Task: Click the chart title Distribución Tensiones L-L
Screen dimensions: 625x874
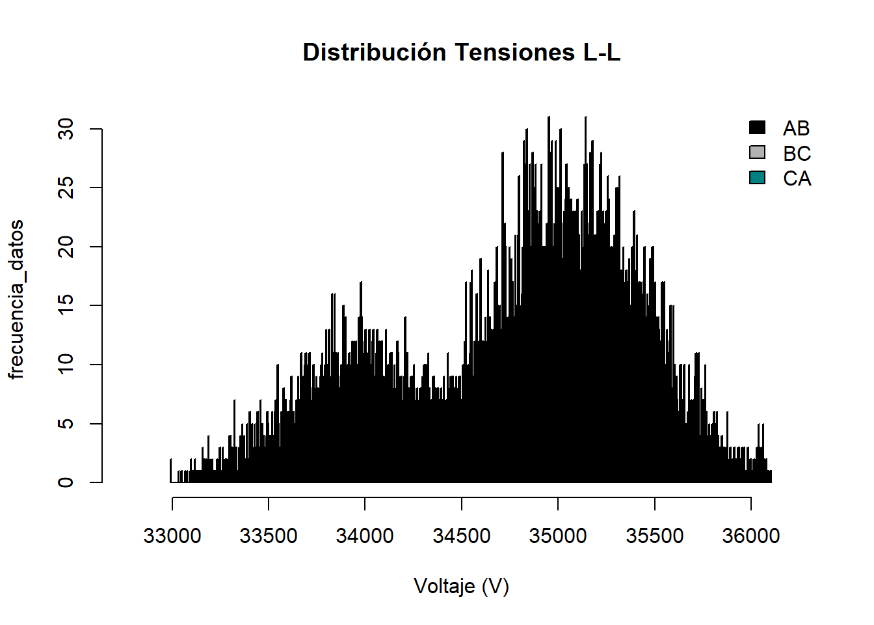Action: coord(462,52)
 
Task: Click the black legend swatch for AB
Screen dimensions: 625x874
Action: coord(757,128)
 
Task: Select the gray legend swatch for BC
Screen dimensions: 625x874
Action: coord(757,152)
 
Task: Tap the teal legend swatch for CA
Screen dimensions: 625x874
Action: coord(757,178)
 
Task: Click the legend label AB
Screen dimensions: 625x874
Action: coord(797,128)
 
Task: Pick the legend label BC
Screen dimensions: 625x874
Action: coord(797,154)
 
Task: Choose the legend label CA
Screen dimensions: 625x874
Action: coord(797,178)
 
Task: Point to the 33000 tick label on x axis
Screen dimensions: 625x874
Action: coord(172,536)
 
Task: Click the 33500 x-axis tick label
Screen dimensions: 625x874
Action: coord(269,536)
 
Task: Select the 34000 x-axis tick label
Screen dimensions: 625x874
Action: coord(365,536)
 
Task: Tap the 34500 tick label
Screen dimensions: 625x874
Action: coord(462,536)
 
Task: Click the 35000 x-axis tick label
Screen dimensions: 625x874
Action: coord(558,536)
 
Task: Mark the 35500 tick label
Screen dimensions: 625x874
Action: coord(655,536)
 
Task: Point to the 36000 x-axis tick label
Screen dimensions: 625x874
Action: coord(751,536)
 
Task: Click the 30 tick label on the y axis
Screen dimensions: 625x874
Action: coord(66,130)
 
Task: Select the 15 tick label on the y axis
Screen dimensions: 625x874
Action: coord(66,305)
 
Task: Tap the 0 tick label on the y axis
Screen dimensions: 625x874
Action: coord(66,482)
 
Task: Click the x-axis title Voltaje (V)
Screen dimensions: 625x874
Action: coord(462,587)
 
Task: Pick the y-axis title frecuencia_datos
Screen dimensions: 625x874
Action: coord(16,299)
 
